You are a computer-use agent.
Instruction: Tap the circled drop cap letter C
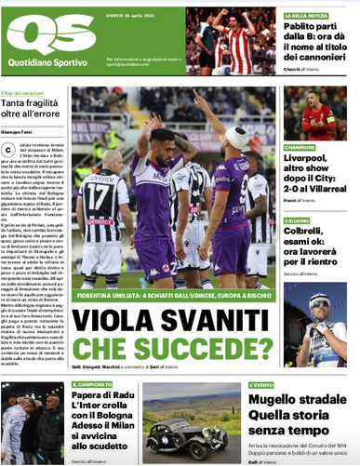pyautogui.click(x=8, y=150)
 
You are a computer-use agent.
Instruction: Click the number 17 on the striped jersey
pyautogui.click(x=96, y=196)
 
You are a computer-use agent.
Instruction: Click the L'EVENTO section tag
pyautogui.click(x=261, y=383)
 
